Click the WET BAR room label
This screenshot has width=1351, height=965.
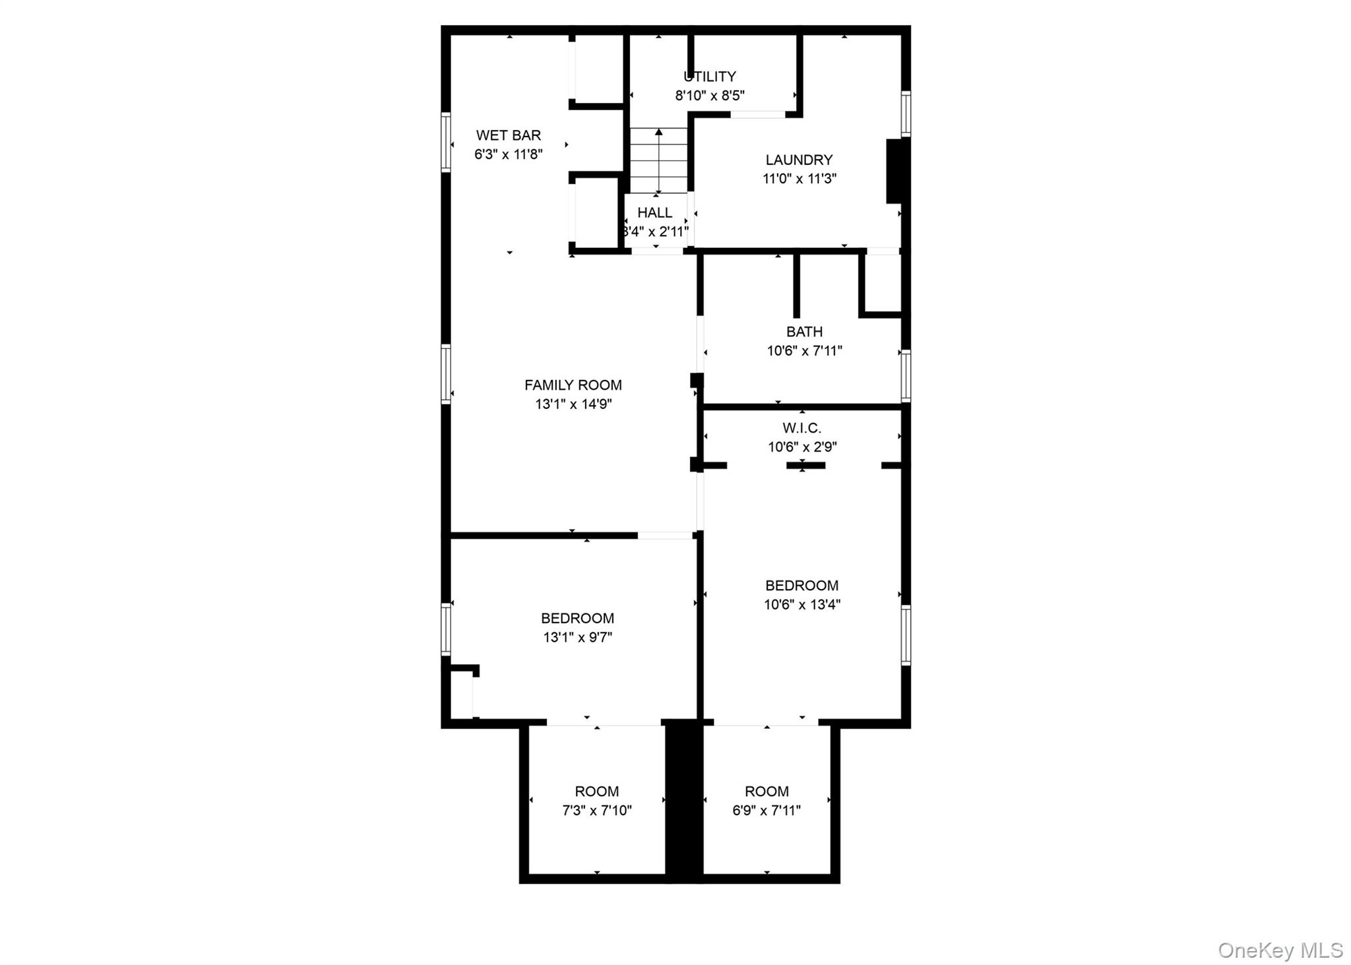pos(508,135)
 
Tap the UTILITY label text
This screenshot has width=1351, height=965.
pos(709,77)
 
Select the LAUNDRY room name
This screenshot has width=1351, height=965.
pos(799,160)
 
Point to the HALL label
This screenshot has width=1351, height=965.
pos(654,212)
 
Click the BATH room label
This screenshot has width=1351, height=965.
pos(804,332)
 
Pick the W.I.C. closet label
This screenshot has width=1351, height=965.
pos(801,428)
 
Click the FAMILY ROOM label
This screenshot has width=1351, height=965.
pos(573,385)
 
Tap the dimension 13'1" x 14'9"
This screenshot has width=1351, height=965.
pos(573,404)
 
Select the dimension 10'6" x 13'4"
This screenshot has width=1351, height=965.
pos(801,604)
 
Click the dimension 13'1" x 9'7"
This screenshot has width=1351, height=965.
pos(577,637)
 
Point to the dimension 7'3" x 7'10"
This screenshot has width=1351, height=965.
pos(596,810)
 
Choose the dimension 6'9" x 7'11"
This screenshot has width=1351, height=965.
pos(767,810)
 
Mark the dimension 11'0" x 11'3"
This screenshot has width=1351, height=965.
pos(800,178)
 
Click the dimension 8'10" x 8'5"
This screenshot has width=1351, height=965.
pos(709,95)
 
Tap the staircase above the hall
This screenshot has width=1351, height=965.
pos(658,160)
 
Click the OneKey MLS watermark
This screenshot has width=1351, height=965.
pos(1280,950)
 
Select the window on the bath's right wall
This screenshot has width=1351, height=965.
pos(906,375)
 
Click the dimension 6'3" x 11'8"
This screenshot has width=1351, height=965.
pos(508,154)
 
